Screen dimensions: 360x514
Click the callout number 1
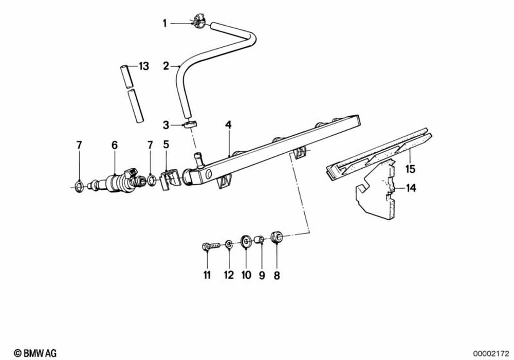click(x=165, y=23)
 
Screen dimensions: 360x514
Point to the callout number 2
click(x=166, y=66)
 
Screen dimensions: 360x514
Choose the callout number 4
click(x=228, y=125)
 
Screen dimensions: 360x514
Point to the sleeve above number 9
click(x=261, y=239)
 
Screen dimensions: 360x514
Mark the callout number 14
click(x=410, y=188)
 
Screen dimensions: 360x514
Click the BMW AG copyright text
click(x=35, y=353)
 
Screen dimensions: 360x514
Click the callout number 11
click(x=207, y=276)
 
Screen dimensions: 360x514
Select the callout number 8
click(x=277, y=276)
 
